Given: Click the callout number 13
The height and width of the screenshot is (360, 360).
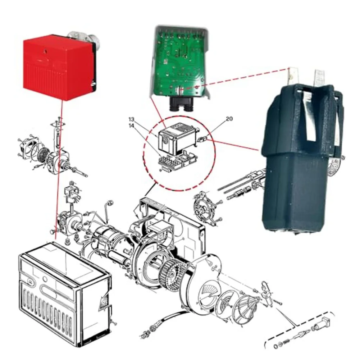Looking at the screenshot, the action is click(x=131, y=119).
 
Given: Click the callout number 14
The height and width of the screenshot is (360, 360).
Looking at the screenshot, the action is click(x=131, y=126).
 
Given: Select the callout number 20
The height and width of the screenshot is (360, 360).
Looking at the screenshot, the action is click(x=229, y=119).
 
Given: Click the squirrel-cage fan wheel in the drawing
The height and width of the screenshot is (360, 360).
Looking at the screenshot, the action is click(x=173, y=276).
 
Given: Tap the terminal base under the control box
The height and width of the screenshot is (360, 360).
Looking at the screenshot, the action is click(x=177, y=160).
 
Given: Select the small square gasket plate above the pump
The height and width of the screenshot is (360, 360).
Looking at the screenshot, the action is click(x=58, y=124).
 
